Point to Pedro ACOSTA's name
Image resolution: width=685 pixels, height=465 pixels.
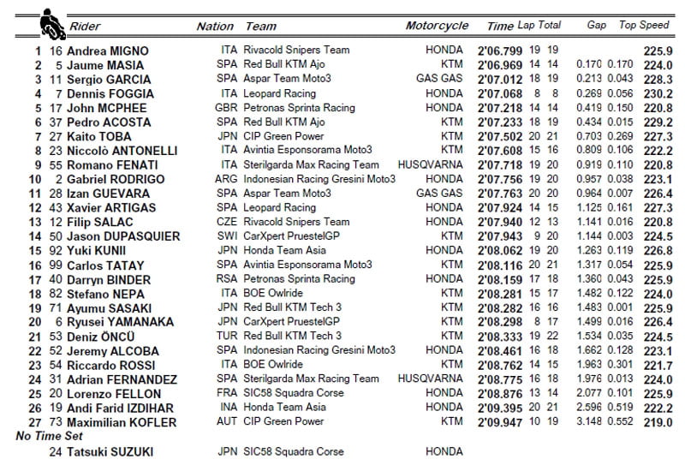(108, 122)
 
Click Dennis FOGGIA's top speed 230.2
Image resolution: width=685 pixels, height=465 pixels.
(655, 94)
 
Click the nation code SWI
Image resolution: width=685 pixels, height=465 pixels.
(228, 236)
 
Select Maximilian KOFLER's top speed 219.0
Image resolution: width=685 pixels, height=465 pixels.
(655, 423)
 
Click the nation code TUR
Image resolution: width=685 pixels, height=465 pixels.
(227, 337)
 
